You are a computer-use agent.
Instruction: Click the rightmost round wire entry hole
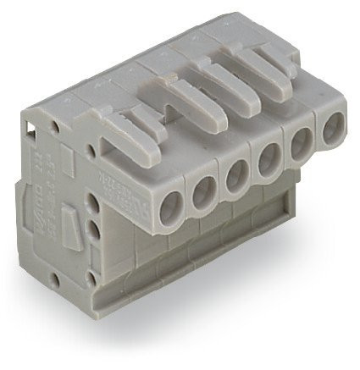(x=331, y=128)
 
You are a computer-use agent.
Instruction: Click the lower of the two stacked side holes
(x=92, y=230)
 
